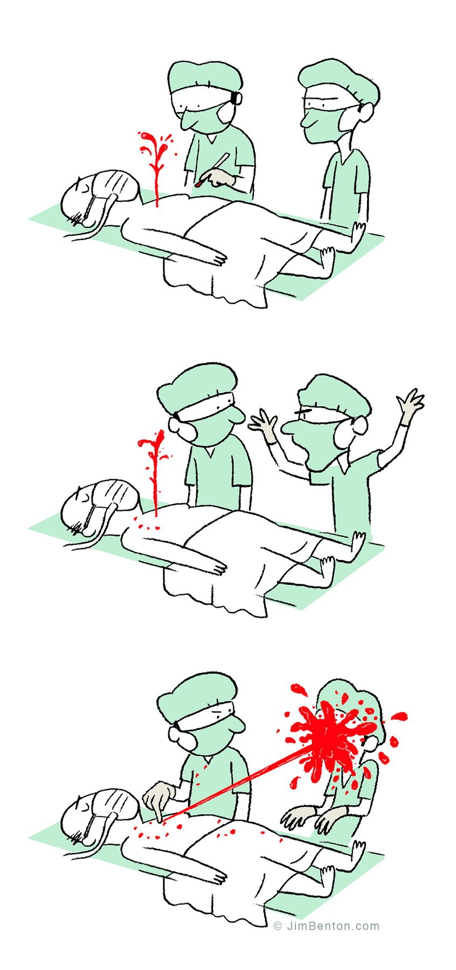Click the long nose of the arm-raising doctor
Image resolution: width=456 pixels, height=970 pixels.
[292, 428]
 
